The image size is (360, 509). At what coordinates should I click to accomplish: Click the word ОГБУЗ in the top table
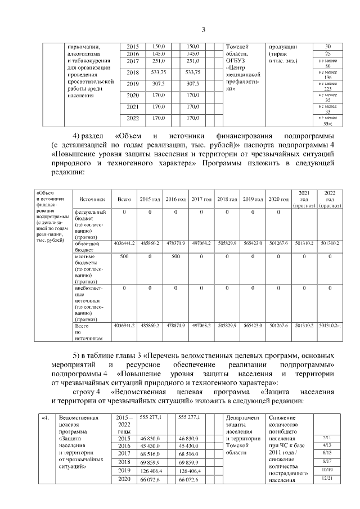[x=236, y=61]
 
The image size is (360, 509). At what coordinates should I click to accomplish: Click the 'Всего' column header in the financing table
[x=124, y=199]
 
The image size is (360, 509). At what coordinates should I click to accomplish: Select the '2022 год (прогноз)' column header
[x=328, y=199]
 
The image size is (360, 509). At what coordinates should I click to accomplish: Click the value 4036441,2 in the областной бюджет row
[x=124, y=243]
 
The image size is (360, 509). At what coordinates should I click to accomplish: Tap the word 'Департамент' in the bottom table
[x=242, y=418]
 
